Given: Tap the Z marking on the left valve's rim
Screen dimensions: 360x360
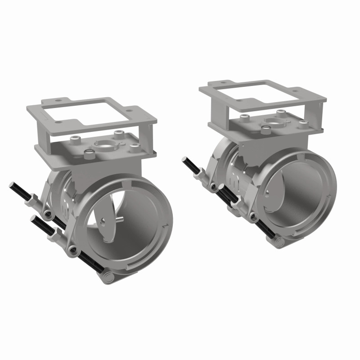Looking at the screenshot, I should (x=166, y=224).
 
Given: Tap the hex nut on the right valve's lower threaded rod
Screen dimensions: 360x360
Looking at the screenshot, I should (x=233, y=203).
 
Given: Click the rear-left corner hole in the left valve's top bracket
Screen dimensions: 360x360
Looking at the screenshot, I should (x=57, y=101).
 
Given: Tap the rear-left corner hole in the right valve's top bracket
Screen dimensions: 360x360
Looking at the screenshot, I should (x=223, y=82).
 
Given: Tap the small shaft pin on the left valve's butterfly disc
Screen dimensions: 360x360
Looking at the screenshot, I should (x=121, y=219).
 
